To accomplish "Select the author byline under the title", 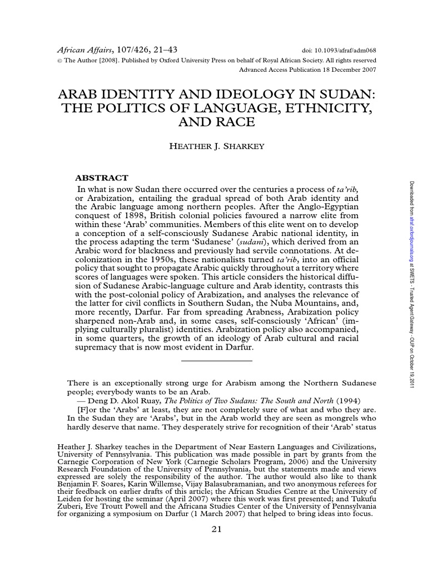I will [x=217, y=146].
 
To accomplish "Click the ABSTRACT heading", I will [x=101, y=178].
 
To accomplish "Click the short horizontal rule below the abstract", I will [x=217, y=361].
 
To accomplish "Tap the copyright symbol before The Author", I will [x=61, y=61].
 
